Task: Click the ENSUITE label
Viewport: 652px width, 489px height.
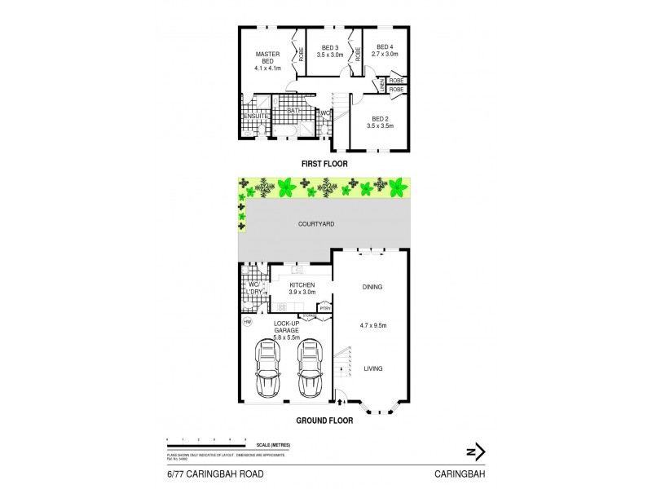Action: [x=254, y=116]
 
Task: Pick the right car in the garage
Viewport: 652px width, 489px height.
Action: [x=309, y=368]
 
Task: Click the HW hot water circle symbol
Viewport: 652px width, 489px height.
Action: [x=247, y=323]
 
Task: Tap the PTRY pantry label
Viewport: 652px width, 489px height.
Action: [x=324, y=308]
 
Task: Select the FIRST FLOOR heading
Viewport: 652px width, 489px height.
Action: [x=324, y=164]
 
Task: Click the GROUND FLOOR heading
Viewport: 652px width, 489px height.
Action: [x=324, y=421]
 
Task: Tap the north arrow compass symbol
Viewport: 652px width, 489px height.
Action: [x=475, y=451]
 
